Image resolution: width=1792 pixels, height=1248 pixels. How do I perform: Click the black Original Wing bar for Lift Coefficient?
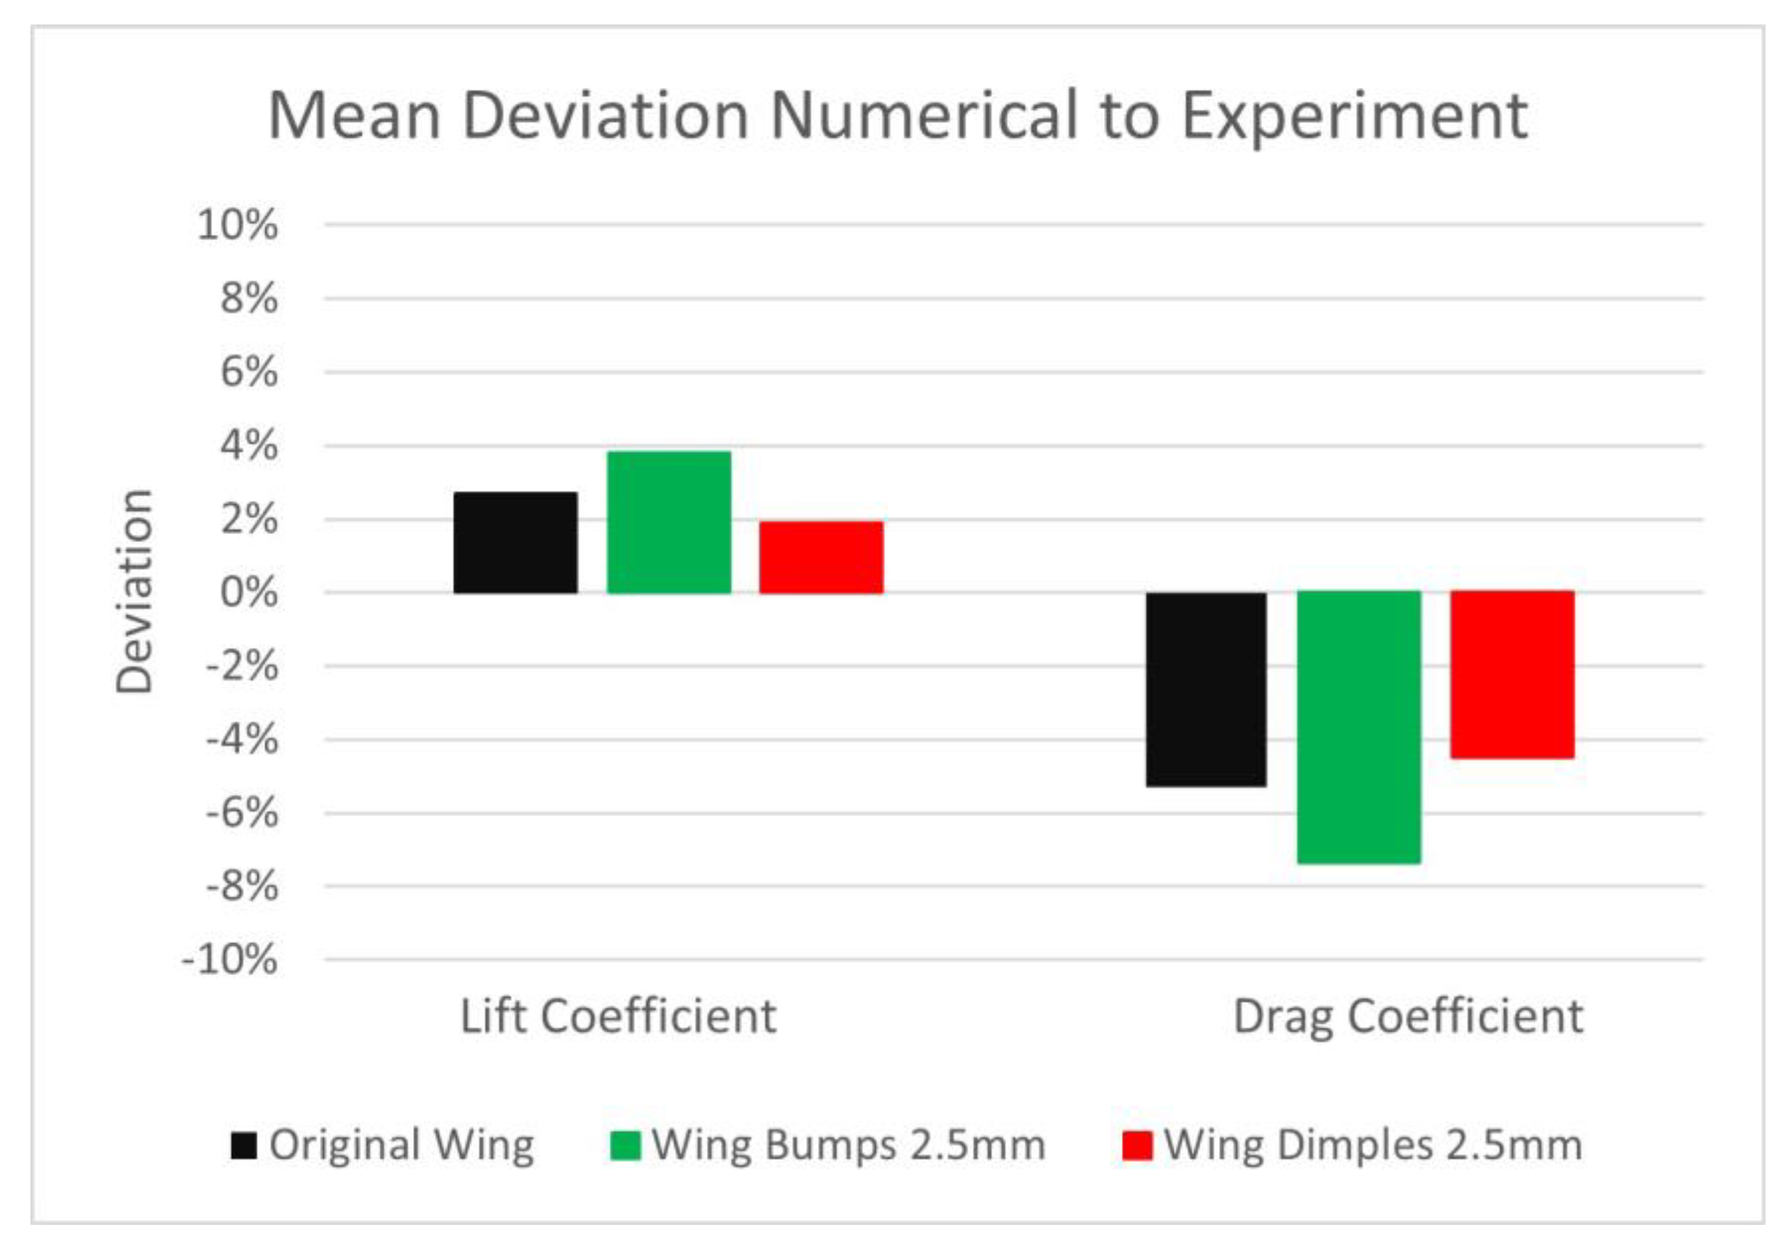(515, 543)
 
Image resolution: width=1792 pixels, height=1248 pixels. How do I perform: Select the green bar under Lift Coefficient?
(669, 522)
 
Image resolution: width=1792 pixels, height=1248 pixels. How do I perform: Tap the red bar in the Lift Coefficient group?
(821, 557)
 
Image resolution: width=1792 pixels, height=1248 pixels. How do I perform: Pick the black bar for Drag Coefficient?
(1206, 688)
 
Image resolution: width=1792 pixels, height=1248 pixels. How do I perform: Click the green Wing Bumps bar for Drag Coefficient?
(1359, 726)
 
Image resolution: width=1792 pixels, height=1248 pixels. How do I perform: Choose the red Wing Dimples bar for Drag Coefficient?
(1512, 674)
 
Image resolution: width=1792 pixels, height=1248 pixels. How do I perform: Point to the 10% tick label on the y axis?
(237, 225)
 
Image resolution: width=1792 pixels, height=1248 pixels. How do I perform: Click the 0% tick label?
(248, 592)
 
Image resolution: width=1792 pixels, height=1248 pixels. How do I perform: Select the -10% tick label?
(229, 959)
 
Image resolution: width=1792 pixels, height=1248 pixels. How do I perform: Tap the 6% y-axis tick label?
(248, 371)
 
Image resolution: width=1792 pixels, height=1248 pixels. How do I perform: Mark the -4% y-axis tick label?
(241, 739)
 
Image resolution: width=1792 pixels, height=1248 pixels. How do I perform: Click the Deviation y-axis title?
(134, 591)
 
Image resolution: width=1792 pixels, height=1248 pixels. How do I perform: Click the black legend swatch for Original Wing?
(243, 1146)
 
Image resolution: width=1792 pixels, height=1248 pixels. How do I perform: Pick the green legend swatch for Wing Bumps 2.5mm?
(625, 1146)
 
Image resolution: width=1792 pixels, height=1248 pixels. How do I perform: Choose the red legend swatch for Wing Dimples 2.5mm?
(1136, 1146)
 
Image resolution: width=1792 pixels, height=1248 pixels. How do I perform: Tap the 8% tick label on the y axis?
(248, 298)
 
